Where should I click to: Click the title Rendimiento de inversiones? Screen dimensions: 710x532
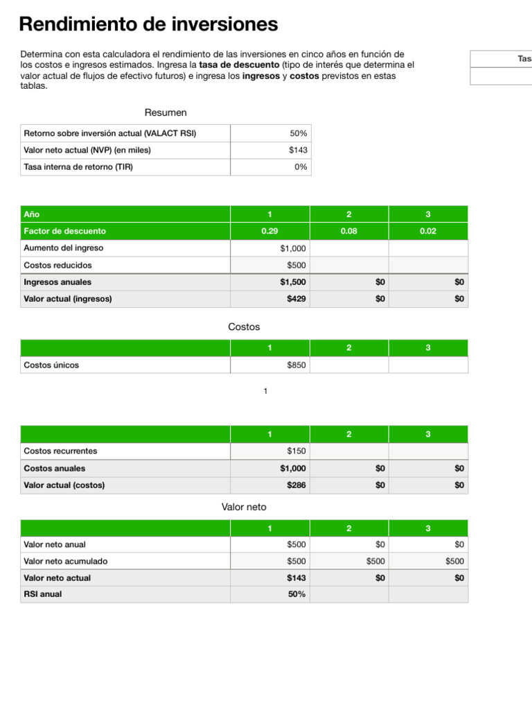point(148,25)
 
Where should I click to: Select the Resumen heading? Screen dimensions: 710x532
point(166,112)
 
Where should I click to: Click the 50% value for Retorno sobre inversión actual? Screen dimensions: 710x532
point(299,133)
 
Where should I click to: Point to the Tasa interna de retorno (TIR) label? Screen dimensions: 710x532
point(78,167)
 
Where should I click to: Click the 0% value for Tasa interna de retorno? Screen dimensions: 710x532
point(301,167)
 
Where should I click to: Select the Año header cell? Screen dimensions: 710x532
point(32,214)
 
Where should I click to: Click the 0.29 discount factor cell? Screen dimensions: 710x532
point(269,231)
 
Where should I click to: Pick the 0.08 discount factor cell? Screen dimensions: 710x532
point(348,231)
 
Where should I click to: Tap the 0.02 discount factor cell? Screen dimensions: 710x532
point(428,231)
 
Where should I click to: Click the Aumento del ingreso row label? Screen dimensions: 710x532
point(64,248)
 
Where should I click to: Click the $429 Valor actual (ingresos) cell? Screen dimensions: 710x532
point(296,299)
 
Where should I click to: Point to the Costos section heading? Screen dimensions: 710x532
point(244,327)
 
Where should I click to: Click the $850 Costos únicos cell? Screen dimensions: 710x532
point(296,365)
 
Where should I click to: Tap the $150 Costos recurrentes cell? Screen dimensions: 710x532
point(296,451)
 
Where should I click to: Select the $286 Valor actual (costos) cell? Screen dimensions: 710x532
point(296,485)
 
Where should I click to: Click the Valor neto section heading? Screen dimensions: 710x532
point(244,508)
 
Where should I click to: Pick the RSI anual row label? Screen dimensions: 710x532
point(43,594)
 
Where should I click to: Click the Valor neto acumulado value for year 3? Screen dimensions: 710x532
point(455,562)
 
